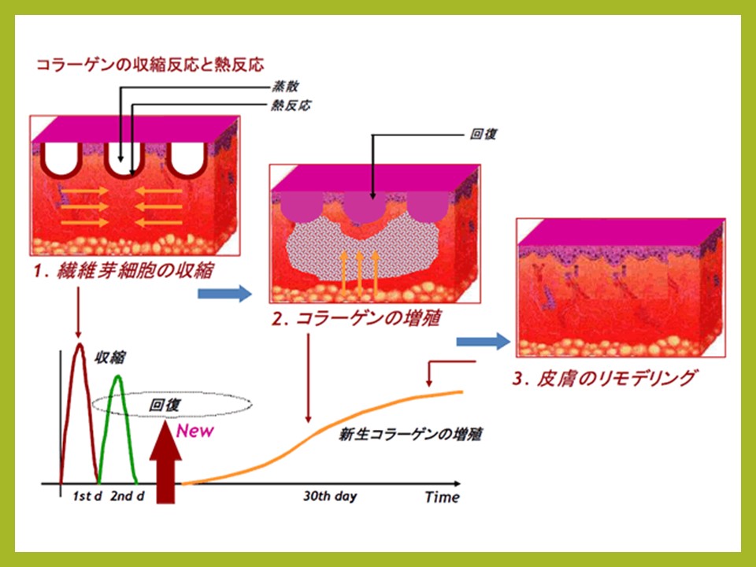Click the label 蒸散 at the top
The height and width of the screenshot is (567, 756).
tap(285, 87)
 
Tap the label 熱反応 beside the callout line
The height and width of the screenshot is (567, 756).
tap(291, 105)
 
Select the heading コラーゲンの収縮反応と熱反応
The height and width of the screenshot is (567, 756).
tap(150, 65)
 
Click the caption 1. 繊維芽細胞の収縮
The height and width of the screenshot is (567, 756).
tap(124, 270)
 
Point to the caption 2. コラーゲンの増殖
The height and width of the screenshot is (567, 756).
tap(356, 318)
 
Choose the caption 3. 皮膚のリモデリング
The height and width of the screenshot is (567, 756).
tap(605, 378)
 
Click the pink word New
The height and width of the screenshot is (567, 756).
tap(195, 431)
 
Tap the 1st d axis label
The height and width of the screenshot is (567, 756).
tap(87, 496)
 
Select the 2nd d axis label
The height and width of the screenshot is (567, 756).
tap(128, 496)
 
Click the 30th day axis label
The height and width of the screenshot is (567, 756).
tap(330, 497)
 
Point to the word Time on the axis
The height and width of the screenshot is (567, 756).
tap(442, 497)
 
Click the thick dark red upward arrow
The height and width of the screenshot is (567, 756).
tap(165, 462)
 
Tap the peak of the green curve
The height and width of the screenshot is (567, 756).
tap(117, 376)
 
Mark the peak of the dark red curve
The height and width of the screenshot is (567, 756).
tap(80, 344)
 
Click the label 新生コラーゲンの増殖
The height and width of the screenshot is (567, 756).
tap(410, 435)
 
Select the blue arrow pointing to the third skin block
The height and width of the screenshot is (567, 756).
tap(483, 342)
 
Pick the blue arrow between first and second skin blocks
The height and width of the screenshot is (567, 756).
tap(224, 294)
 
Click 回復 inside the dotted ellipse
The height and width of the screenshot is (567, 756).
tap(165, 405)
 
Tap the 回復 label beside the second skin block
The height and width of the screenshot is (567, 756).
tap(483, 134)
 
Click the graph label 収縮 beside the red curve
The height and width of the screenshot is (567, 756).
tap(110, 358)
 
